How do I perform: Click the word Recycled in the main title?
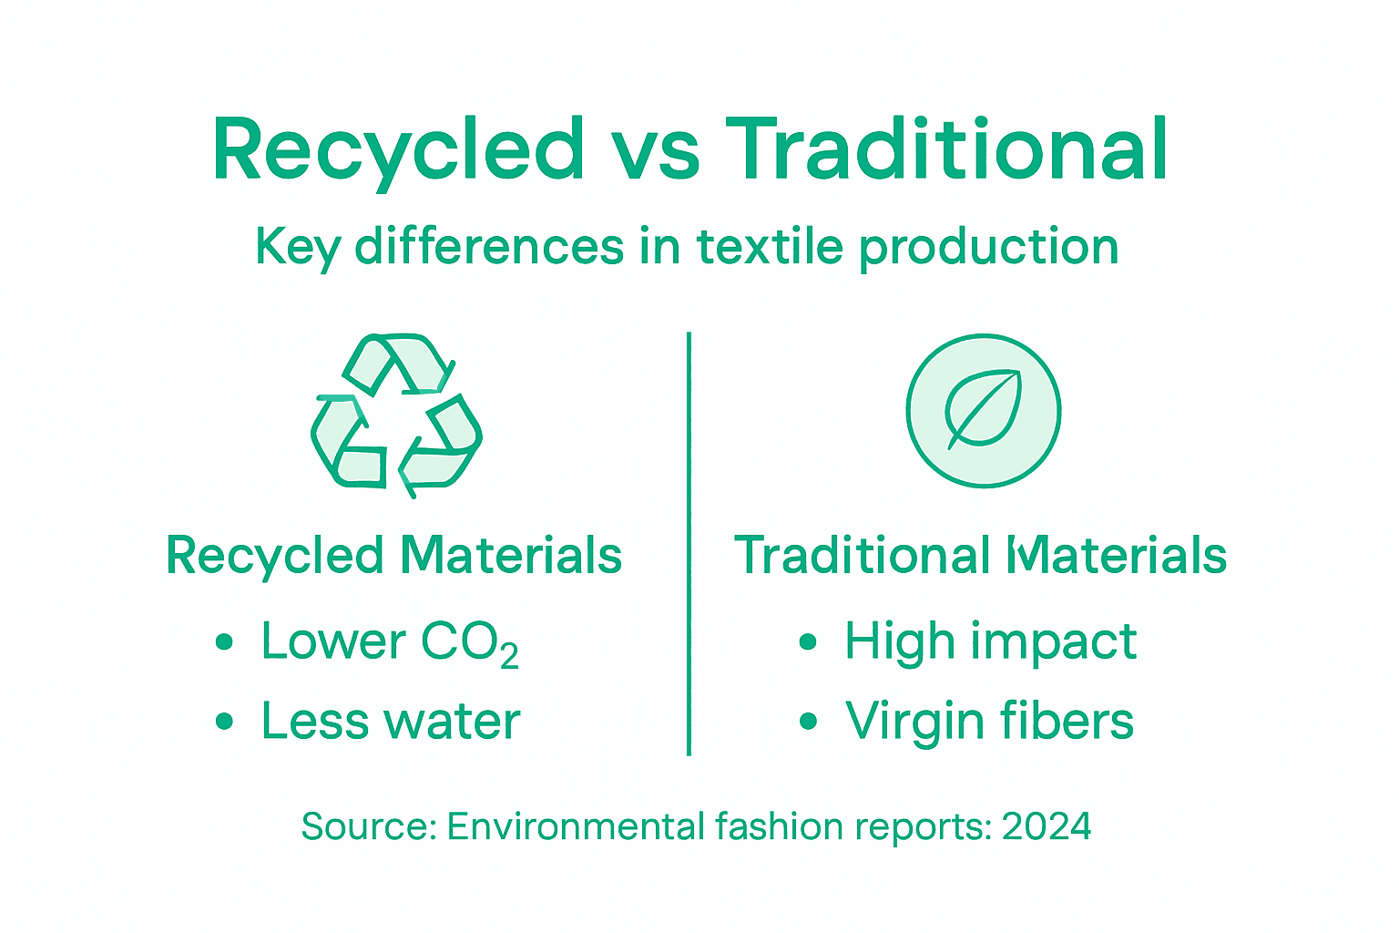click(x=398, y=150)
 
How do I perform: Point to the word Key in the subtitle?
click(x=297, y=248)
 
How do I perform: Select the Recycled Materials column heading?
click(x=393, y=556)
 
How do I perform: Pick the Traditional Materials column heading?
click(x=980, y=556)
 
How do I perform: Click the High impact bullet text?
click(x=990, y=641)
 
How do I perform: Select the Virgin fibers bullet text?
click(x=989, y=721)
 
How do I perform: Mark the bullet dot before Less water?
click(x=224, y=723)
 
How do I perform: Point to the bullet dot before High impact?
click(x=807, y=642)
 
